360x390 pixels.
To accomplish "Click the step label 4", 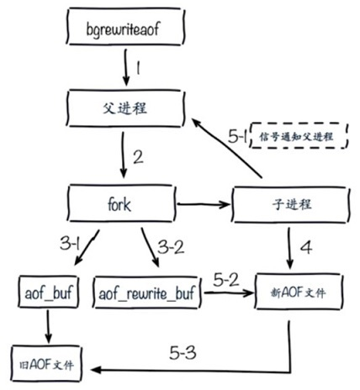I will [306, 248].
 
